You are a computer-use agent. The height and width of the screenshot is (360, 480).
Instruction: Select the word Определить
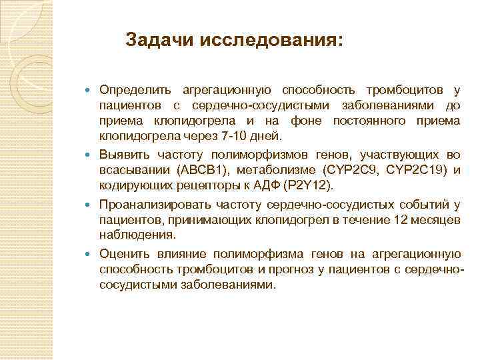pyautogui.click(x=135, y=89)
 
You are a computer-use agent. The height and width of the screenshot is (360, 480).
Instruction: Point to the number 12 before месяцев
pyautogui.click(x=380, y=219)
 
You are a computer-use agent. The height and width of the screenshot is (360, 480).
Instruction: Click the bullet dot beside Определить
pyautogui.click(x=90, y=90)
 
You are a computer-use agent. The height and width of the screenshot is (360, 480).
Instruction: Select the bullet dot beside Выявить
pyautogui.click(x=90, y=153)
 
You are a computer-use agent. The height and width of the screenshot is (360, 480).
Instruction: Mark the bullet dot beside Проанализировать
pyautogui.click(x=90, y=205)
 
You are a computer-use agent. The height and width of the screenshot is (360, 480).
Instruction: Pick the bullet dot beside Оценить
pyautogui.click(x=90, y=254)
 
